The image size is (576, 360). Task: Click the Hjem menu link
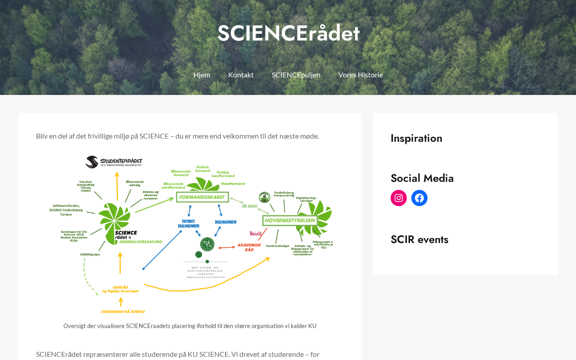tap(202, 75)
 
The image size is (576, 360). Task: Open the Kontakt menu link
tap(241, 75)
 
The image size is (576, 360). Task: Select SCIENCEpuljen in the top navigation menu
tap(296, 75)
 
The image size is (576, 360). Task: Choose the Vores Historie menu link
tap(360, 75)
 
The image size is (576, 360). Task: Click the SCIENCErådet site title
tap(288, 33)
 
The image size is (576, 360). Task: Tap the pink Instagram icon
tap(399, 198)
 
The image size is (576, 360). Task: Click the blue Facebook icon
tap(419, 198)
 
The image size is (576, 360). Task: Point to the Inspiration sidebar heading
tap(416, 138)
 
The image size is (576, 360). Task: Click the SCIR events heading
tap(419, 239)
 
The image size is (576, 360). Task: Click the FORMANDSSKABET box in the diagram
tap(202, 197)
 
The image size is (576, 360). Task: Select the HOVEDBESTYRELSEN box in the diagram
tap(290, 220)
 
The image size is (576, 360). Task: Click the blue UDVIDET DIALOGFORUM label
tap(189, 224)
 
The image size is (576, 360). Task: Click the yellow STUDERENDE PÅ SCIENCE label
tap(123, 311)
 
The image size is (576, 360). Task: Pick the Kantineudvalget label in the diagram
tap(277, 246)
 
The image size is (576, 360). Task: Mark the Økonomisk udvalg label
tap(135, 183)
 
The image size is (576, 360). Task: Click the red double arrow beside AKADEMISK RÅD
tap(226, 247)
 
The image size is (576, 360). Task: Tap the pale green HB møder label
tap(250, 206)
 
